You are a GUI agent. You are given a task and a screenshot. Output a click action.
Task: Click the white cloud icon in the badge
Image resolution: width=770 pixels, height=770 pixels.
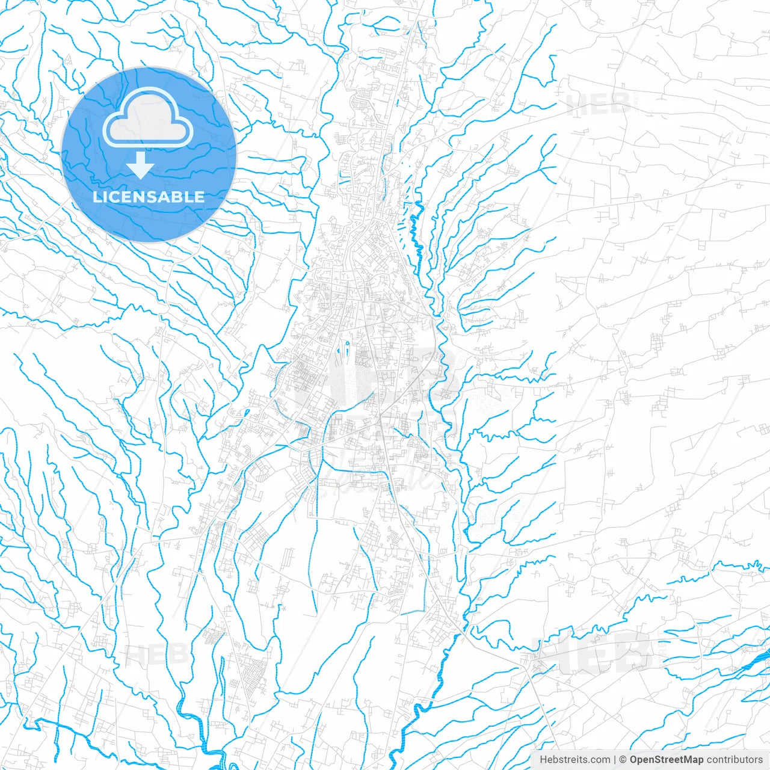(148, 119)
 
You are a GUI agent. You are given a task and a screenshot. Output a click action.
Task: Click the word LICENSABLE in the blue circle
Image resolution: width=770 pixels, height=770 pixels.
(149, 197)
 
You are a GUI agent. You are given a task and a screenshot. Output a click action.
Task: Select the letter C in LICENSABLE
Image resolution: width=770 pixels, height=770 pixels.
(114, 197)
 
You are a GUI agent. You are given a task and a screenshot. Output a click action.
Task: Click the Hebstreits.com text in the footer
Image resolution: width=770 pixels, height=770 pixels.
(574, 760)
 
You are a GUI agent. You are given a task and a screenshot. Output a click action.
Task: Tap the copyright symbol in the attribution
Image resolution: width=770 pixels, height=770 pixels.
(623, 760)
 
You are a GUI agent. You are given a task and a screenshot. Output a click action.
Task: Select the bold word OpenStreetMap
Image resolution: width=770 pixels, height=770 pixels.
(667, 760)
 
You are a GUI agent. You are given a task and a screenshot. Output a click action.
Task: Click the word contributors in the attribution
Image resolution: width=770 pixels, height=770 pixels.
(735, 760)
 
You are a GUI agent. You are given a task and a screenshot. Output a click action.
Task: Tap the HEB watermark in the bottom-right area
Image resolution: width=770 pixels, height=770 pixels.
(596, 654)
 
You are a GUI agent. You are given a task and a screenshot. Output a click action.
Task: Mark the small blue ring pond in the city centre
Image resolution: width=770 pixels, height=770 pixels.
(348, 343)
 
